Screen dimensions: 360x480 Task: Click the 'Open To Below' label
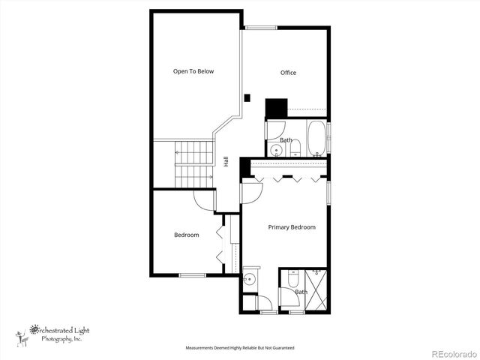pos(193,72)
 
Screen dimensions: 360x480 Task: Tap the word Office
pos(288,73)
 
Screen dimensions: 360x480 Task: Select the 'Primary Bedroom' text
pos(292,227)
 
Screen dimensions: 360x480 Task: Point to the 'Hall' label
pos(226,161)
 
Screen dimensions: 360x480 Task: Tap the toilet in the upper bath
pos(295,146)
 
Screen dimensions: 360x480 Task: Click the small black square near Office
pos(247,97)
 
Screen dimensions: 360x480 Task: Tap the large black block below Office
pos(276,108)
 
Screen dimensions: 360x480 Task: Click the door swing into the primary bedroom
pos(251,192)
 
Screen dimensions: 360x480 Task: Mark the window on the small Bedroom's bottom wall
pos(192,275)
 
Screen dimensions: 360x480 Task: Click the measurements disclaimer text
pos(240,348)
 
